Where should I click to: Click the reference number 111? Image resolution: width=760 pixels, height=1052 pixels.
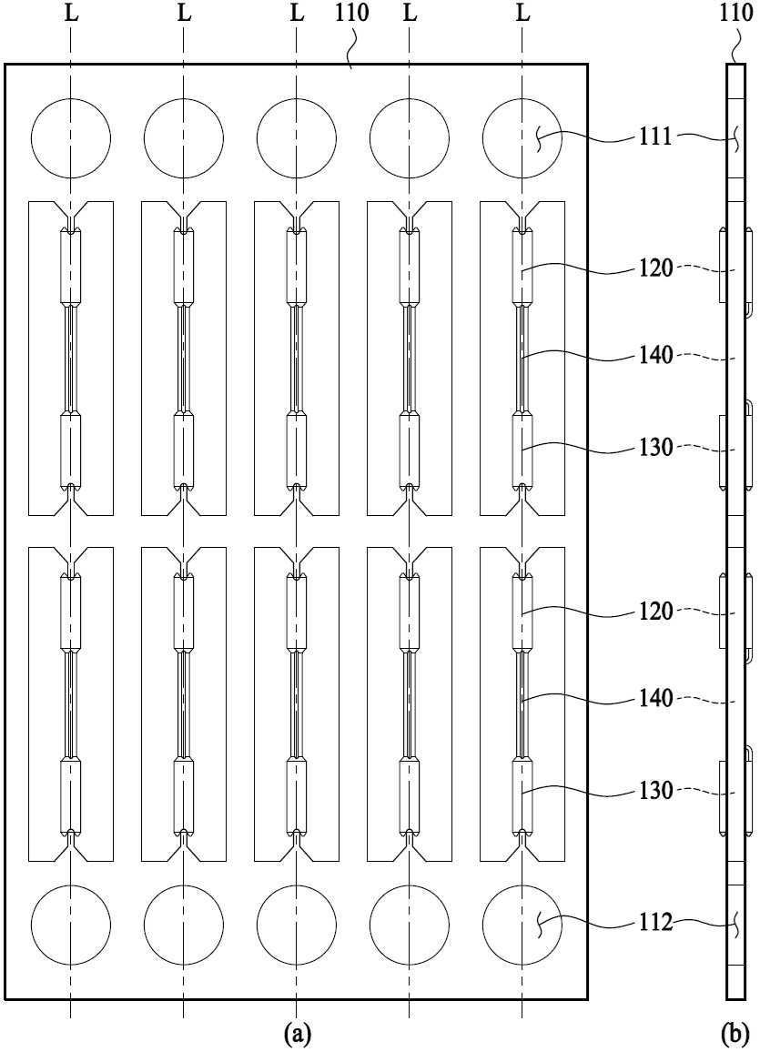[655, 137]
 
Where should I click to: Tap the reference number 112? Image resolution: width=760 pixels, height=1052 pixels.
[655, 923]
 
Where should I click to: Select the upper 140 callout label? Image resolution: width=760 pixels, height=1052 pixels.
[655, 355]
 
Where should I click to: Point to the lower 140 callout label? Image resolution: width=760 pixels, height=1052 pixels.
[655, 698]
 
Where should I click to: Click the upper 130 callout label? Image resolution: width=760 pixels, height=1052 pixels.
[655, 447]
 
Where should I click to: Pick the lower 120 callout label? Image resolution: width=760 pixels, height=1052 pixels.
[655, 612]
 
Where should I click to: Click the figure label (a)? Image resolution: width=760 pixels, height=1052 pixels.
[297, 1033]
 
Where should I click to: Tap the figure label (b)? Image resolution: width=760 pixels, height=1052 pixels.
[735, 1033]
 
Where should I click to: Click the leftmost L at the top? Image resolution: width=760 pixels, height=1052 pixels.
[71, 14]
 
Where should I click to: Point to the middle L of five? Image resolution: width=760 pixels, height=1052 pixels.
[297, 14]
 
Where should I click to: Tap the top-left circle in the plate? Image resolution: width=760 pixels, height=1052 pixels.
[71, 138]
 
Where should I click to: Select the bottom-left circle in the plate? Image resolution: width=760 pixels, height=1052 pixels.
[71, 924]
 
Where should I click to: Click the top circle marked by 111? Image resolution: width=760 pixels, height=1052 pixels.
[522, 138]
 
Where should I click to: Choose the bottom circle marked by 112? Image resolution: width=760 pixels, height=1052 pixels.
[522, 924]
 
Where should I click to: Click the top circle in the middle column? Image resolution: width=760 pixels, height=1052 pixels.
[297, 138]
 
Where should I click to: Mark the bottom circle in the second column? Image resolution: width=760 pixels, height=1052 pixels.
[184, 924]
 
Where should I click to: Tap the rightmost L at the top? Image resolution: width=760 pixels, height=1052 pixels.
[523, 14]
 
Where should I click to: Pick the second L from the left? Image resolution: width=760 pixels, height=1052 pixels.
[184, 14]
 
